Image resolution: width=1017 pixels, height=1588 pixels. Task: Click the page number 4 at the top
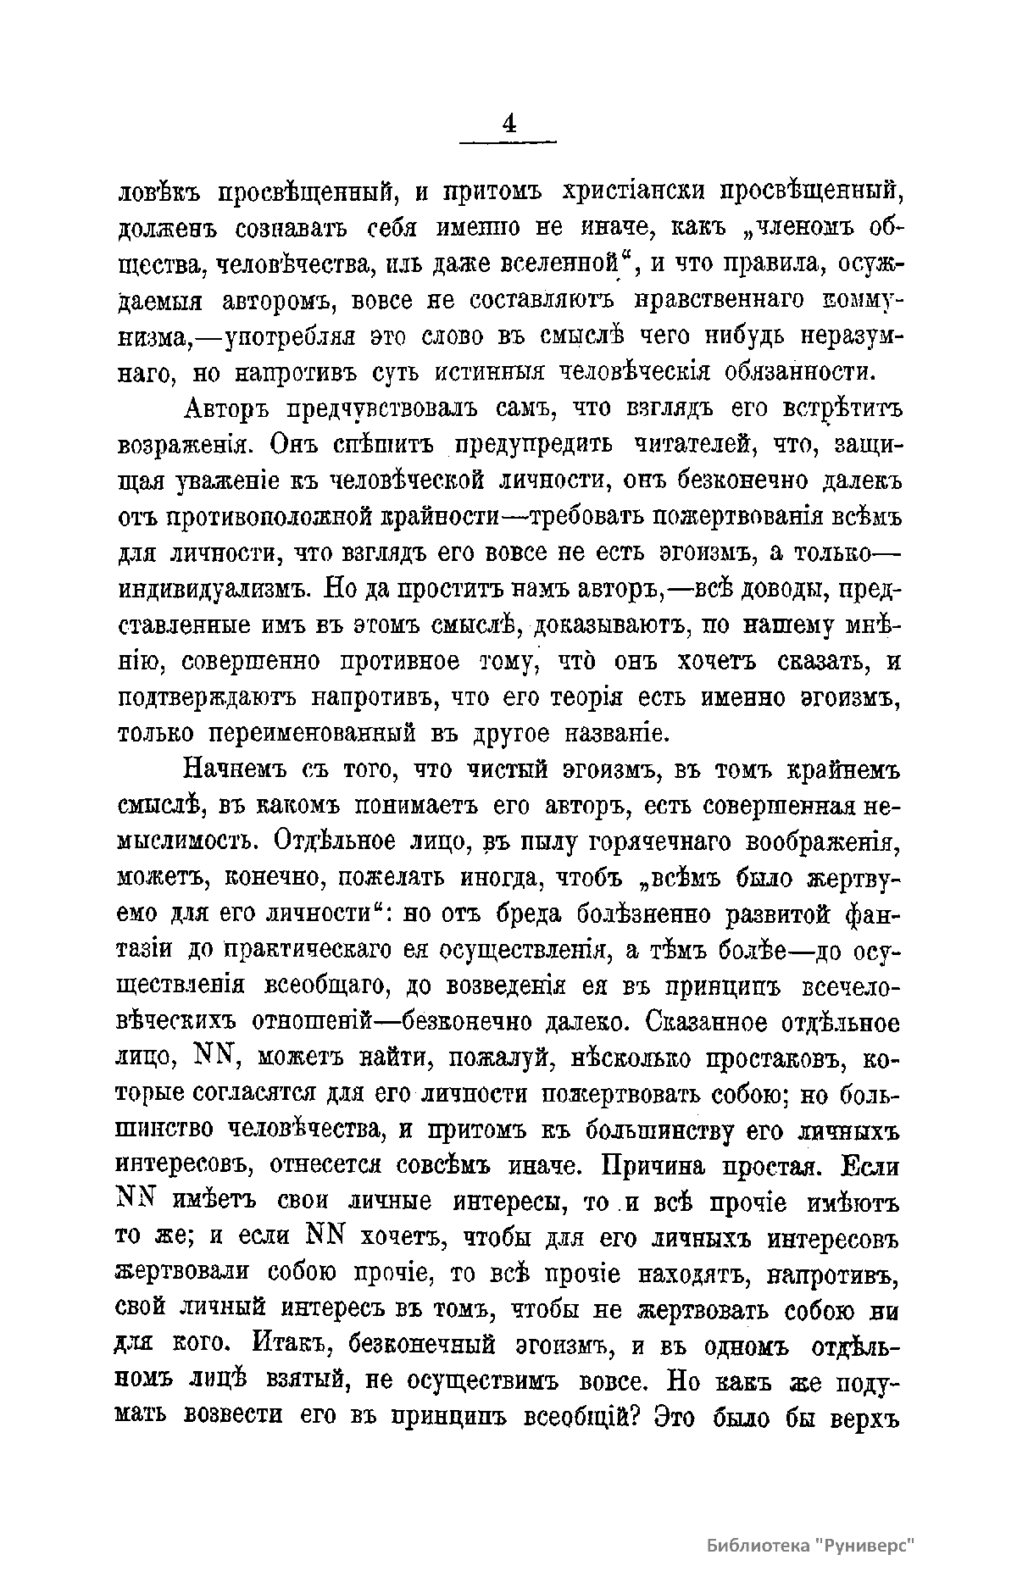tap(508, 124)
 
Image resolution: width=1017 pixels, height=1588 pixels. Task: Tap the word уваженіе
tap(234, 480)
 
